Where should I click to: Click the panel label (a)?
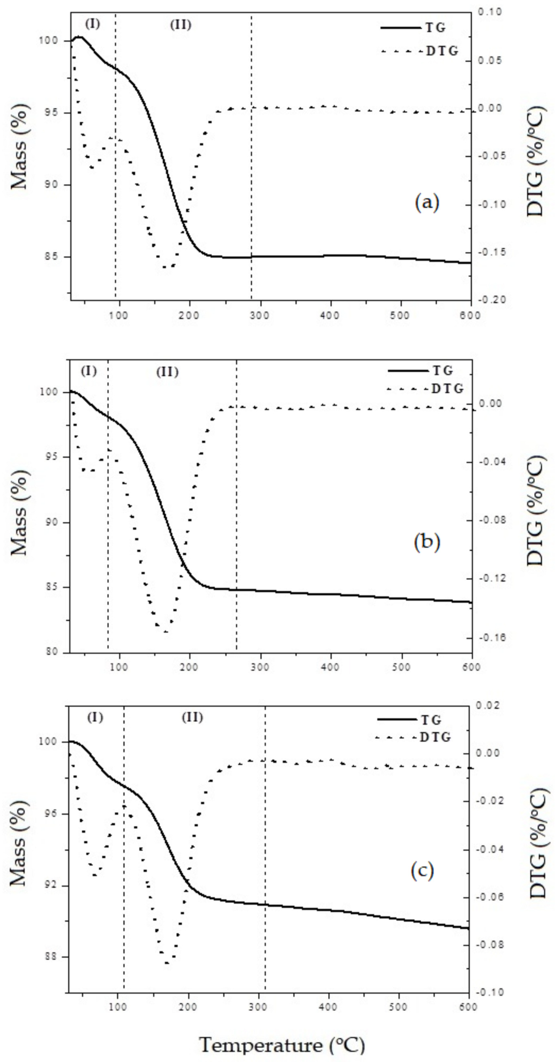(427, 202)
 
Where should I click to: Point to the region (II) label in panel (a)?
(181, 25)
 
